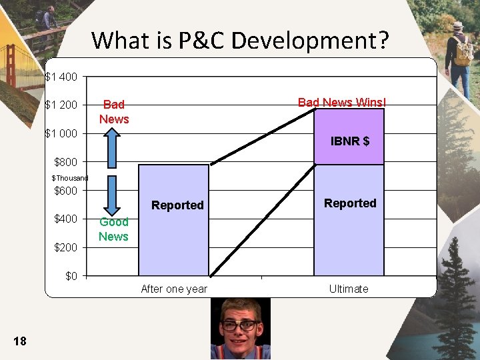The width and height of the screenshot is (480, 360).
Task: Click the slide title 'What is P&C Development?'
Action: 240,41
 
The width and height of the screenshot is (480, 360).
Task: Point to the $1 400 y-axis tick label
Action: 61,77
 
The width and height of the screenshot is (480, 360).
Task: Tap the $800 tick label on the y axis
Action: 65,162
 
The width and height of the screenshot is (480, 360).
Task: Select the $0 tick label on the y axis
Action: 71,276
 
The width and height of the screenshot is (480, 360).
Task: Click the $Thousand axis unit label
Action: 69,178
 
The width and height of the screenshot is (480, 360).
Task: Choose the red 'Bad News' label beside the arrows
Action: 114,111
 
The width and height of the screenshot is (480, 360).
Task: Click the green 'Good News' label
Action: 113,229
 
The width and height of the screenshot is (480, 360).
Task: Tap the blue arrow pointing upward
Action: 113,149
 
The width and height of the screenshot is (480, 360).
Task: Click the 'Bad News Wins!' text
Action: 341,102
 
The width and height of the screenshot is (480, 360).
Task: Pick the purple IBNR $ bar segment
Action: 349,137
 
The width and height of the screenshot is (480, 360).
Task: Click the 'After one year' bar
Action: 173,227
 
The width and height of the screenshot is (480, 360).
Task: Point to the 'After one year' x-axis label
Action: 174,289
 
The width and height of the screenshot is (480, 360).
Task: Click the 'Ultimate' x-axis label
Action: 348,289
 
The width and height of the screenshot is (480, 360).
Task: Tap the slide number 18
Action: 20,341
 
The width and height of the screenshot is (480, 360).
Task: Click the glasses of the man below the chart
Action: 240,325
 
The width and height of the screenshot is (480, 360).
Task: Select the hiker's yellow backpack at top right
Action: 463,51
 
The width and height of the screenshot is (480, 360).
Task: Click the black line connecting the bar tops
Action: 263,136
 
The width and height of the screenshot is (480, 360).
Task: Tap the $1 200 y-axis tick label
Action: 61,105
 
